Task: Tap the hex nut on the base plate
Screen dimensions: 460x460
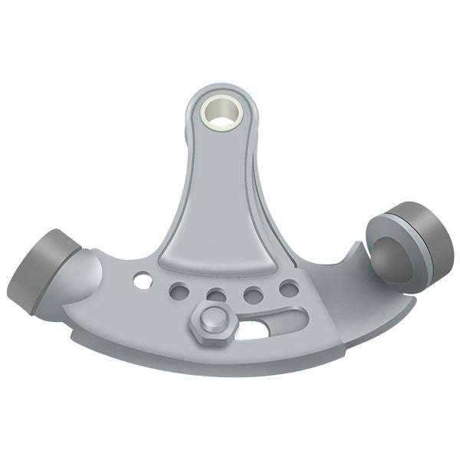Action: [210, 320]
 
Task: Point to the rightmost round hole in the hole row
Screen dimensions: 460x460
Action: [289, 289]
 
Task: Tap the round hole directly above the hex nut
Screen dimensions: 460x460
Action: [216, 296]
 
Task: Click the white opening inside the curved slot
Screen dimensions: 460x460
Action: [252, 330]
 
